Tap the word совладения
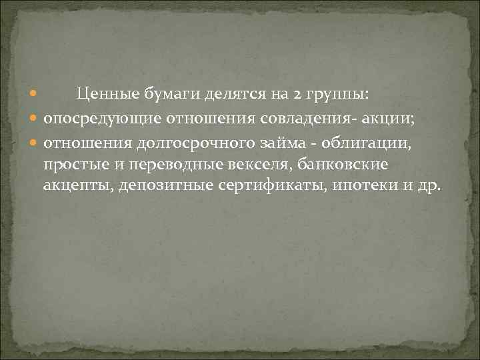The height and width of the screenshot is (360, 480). pos(321,119)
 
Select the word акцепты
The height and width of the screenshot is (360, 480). pos(78,185)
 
